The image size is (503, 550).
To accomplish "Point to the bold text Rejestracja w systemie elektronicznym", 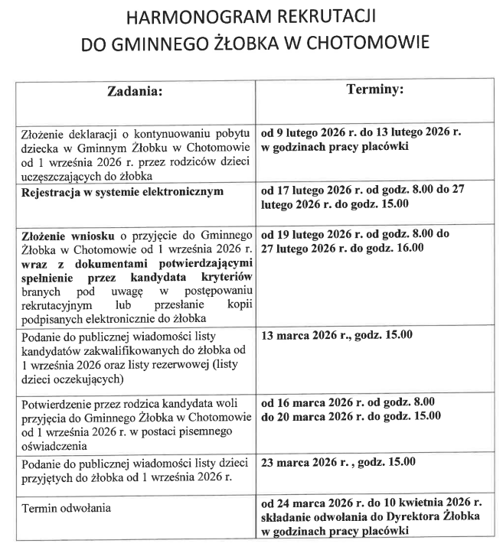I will click(x=122, y=191).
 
